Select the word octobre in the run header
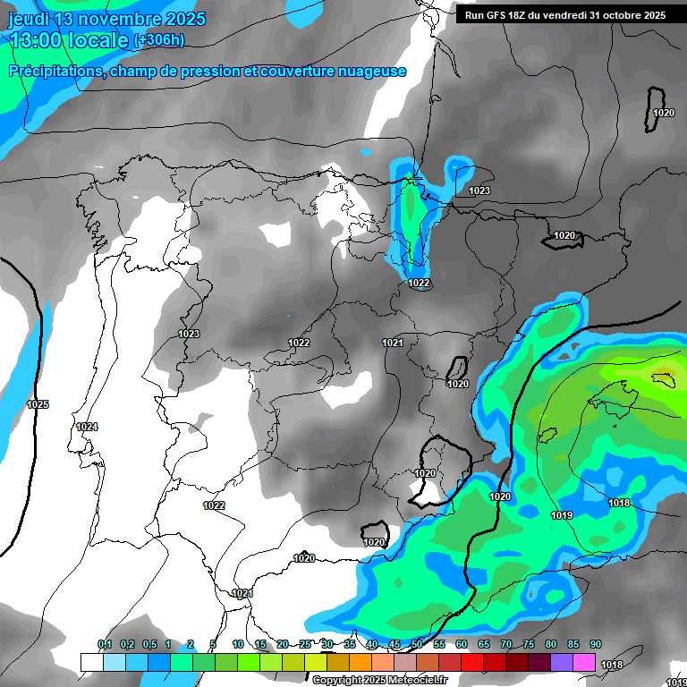(618, 15)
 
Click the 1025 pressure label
(38, 404)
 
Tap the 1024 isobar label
(87, 427)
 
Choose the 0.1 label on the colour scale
(104, 644)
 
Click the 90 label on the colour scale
(596, 644)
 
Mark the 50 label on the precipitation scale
(417, 644)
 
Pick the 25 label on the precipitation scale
(305, 644)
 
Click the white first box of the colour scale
(91, 662)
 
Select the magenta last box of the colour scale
(584, 662)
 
